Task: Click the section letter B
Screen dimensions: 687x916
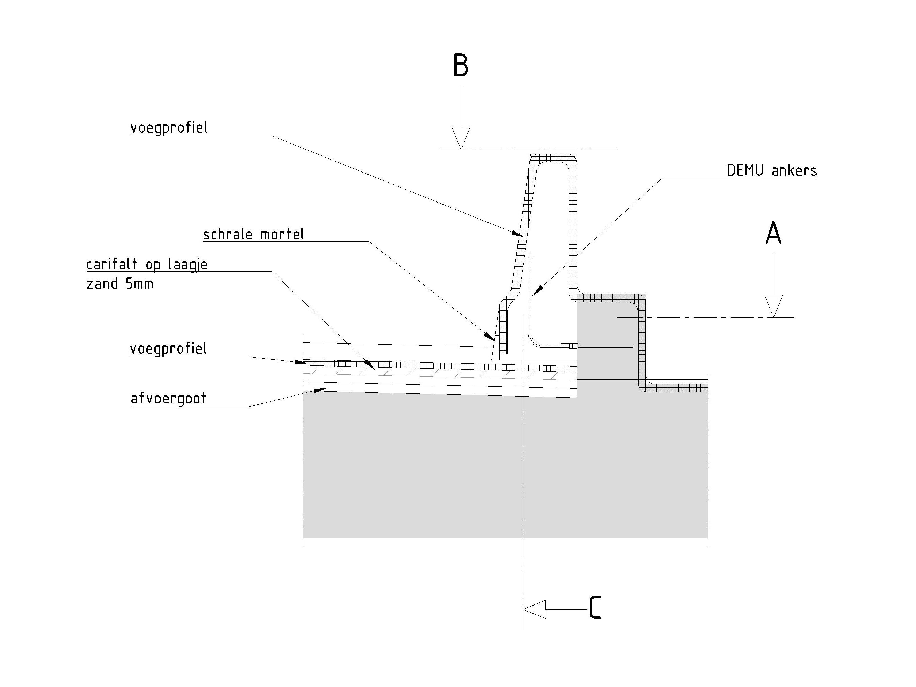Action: [x=461, y=65]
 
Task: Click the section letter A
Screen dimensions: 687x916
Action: [x=773, y=234]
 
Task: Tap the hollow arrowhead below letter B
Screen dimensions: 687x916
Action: [x=461, y=138]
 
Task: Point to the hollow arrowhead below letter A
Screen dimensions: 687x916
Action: [x=774, y=305]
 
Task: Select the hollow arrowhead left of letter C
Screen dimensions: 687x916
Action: [x=535, y=609]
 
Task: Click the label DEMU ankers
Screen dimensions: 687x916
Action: [x=772, y=170]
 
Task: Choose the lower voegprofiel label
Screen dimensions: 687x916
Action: [x=168, y=349]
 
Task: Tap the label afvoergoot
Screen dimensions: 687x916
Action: [x=168, y=398]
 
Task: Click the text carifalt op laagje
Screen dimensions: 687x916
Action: [x=147, y=265]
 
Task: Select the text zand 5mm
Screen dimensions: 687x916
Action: [x=120, y=284]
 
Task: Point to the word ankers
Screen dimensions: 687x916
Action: [x=795, y=170]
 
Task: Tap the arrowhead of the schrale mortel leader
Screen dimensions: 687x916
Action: [x=490, y=336]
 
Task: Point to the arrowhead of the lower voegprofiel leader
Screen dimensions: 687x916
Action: [x=301, y=362]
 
